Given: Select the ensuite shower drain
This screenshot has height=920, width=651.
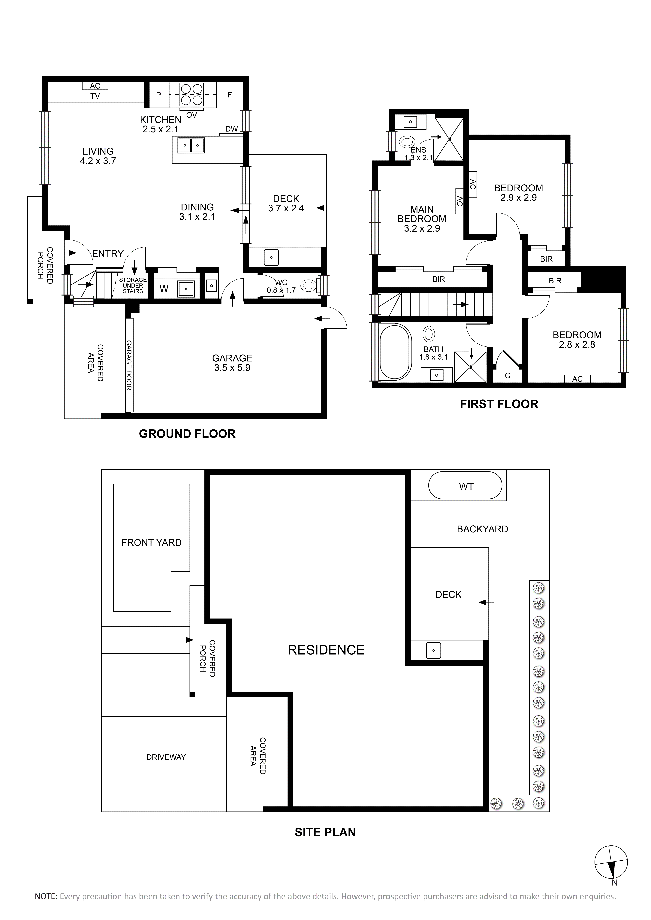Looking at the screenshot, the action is click(449, 139).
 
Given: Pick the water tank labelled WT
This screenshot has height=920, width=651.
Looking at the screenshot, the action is click(465, 486).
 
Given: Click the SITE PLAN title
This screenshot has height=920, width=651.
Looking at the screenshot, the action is click(325, 832).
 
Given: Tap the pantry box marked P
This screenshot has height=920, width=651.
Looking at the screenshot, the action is click(159, 95).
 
